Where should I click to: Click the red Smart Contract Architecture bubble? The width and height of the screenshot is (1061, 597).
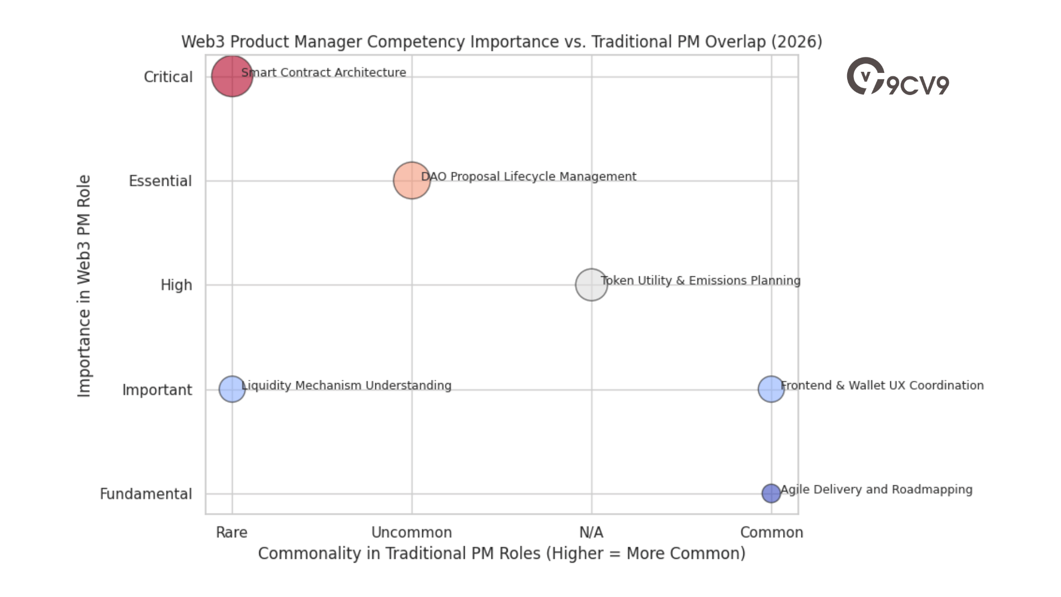point(232,76)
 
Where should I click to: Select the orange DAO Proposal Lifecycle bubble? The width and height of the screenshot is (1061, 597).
point(412,180)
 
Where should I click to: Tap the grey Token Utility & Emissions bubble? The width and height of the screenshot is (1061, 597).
point(591,285)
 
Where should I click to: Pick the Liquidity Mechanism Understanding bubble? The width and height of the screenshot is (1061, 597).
point(232,389)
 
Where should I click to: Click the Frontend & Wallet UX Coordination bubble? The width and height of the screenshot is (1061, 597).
point(771,389)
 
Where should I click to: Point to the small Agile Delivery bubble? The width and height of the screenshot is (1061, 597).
point(771,493)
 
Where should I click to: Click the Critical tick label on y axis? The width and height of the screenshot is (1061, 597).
point(168,77)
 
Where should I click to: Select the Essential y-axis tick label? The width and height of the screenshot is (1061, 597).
point(160,181)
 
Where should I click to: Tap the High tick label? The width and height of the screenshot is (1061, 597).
point(176,285)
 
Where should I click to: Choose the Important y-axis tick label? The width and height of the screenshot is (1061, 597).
point(157,390)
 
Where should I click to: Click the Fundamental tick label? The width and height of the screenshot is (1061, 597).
point(146,494)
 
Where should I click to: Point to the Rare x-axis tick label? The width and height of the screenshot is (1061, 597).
point(232,532)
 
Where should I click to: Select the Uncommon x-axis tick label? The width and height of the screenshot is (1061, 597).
point(412,532)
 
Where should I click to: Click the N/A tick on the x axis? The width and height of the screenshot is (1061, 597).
point(591,532)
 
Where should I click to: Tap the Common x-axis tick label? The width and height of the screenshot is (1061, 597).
point(771,532)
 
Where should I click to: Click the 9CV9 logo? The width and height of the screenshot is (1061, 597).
point(898,77)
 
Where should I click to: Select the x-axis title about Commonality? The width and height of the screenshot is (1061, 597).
point(502,553)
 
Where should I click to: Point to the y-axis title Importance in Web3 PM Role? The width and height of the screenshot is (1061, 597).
point(84,286)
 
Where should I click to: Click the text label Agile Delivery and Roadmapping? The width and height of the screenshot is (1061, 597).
point(876,489)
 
